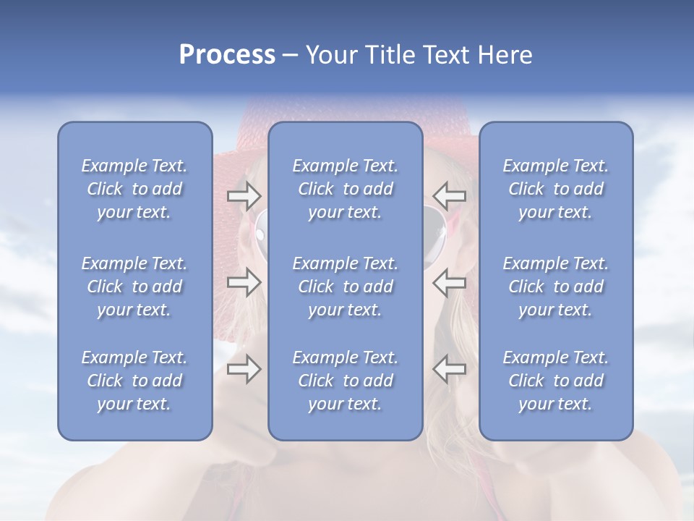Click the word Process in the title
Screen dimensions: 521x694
(x=227, y=55)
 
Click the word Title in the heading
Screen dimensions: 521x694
(x=390, y=55)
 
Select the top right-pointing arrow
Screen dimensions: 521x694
(x=244, y=195)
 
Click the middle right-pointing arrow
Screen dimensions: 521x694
(x=244, y=282)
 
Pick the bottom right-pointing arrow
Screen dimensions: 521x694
(x=244, y=370)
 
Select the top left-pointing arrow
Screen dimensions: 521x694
(x=450, y=195)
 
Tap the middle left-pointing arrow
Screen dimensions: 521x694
(x=450, y=282)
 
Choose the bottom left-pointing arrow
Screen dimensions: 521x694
(x=450, y=370)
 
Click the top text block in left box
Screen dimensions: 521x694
(x=134, y=189)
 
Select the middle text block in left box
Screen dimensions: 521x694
(x=134, y=287)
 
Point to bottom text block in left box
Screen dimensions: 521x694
(x=134, y=381)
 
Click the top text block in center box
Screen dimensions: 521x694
(x=346, y=189)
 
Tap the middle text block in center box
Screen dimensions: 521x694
(x=346, y=287)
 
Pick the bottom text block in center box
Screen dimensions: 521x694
(x=346, y=381)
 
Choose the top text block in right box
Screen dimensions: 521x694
(x=556, y=189)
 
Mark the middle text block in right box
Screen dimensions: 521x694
(x=556, y=287)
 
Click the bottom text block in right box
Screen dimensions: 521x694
(x=556, y=381)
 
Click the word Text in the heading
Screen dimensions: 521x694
(x=446, y=55)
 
